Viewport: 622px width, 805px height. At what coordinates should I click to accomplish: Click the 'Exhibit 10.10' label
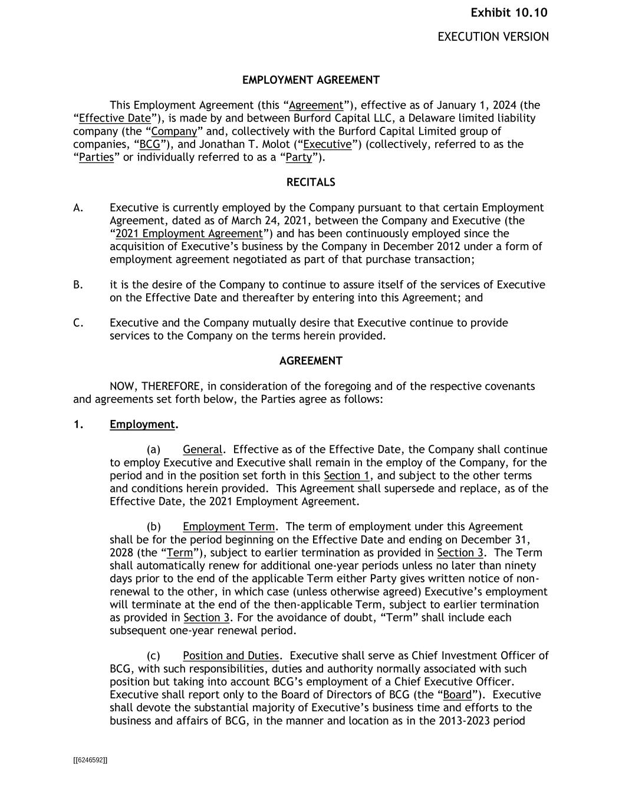pos(509,13)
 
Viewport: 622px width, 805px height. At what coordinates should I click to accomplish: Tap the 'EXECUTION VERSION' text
pos(493,37)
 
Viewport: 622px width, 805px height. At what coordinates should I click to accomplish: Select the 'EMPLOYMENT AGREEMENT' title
pos(311,80)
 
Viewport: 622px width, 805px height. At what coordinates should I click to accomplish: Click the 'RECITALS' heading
pos(311,182)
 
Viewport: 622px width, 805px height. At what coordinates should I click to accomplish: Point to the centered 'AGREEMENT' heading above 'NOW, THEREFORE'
pos(311,361)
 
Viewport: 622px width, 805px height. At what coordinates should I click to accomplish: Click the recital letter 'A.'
pos(78,208)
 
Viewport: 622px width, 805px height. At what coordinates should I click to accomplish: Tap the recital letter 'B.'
pos(78,285)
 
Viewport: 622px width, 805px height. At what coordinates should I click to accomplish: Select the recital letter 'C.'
pos(78,323)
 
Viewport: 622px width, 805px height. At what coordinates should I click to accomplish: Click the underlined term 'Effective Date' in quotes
pos(115,119)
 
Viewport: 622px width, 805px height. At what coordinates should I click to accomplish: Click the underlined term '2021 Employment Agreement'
pos(189,234)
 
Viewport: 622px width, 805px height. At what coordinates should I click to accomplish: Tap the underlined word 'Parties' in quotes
pos(96,157)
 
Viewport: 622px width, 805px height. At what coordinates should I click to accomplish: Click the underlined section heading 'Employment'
pos(142,425)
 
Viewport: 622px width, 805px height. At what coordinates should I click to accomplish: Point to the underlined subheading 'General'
pos(203,449)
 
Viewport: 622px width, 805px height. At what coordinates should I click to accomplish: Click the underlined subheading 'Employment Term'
pos(229,527)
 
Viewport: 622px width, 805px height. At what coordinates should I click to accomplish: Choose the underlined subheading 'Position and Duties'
pos(231,656)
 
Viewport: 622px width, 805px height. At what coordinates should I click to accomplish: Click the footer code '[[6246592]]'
pos(90,760)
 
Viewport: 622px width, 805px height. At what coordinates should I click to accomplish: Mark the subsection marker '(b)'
pos(154,527)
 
